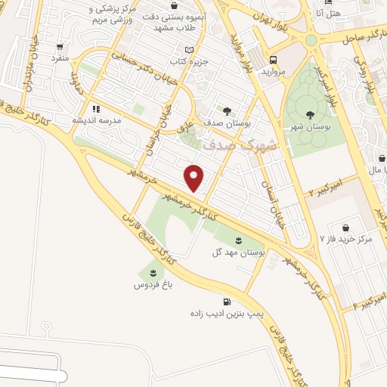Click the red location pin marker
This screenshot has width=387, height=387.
coord(194,178)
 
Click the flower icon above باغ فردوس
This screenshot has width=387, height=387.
coord(153,273)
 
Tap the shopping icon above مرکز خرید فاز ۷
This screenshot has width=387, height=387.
coord(345,228)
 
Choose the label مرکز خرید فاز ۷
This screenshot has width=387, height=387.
coord(346,239)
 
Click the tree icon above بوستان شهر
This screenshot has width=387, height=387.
coord(311,115)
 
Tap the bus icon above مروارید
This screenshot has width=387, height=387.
coord(272,60)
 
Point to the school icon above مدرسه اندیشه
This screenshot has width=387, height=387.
coord(96,109)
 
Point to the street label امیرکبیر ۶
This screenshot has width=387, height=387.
coord(362,303)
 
